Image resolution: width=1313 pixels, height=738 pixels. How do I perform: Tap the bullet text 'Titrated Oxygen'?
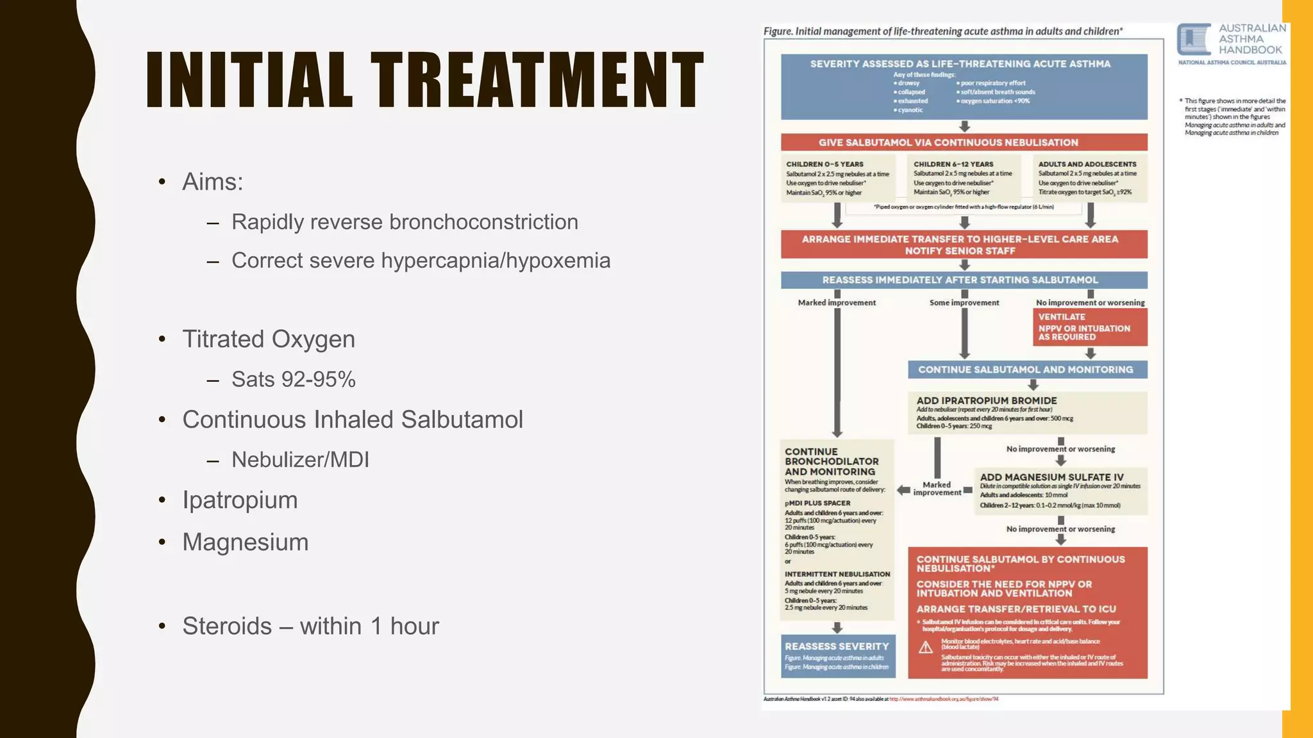point(268,339)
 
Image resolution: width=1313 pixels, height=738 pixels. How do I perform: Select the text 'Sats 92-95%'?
point(293,379)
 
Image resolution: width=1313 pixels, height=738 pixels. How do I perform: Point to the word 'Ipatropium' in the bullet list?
point(240,500)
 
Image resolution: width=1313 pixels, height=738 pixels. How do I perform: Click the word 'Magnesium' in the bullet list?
point(245,542)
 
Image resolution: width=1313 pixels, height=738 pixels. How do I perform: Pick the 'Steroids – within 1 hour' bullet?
point(310,626)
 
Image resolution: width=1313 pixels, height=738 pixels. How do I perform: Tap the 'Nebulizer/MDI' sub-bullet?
point(300,459)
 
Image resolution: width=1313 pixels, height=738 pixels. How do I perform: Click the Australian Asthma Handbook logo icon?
point(1193,39)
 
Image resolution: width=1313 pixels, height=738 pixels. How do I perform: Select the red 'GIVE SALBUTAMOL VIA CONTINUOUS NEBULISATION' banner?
point(964,142)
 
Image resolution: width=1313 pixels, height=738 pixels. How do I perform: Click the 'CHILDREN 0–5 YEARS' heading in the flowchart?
point(824,164)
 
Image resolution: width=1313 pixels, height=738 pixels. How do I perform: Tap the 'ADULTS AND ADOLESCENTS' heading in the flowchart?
point(1087,164)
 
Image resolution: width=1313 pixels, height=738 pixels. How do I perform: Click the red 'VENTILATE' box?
point(1089,327)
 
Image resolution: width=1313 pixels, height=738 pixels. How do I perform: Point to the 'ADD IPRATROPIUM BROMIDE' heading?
point(986,400)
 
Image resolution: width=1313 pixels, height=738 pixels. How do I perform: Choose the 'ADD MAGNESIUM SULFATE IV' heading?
point(1051,477)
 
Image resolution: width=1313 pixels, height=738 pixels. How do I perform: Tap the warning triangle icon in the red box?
point(926,648)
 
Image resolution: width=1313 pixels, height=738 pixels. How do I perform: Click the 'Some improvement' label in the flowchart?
point(964,302)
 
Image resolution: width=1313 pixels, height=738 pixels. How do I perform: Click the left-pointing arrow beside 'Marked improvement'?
point(903,490)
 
